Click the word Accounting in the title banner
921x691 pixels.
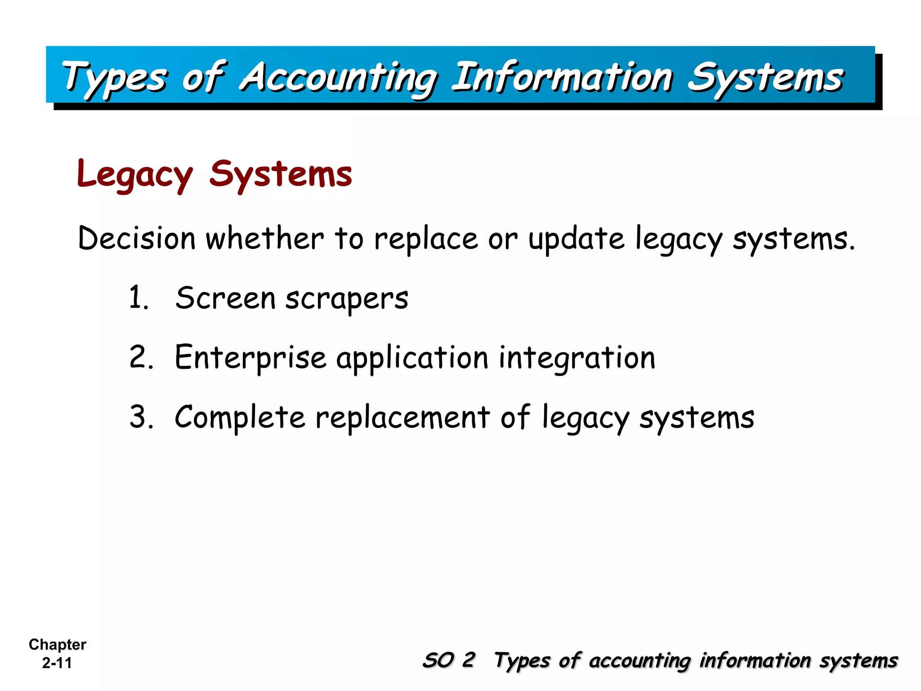(x=338, y=77)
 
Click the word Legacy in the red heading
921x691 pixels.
(x=135, y=175)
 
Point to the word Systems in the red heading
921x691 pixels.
(x=281, y=175)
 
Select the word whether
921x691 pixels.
(x=264, y=238)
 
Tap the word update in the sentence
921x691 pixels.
(x=577, y=238)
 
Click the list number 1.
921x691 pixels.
(x=137, y=298)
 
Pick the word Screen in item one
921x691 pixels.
(x=225, y=298)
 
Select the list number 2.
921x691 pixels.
(x=141, y=358)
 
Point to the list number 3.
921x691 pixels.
(x=141, y=417)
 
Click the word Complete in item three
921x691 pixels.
(x=240, y=417)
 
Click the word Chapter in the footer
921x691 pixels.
(x=57, y=645)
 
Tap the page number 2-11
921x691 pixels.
(x=57, y=663)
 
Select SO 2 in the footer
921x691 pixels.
(x=448, y=660)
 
